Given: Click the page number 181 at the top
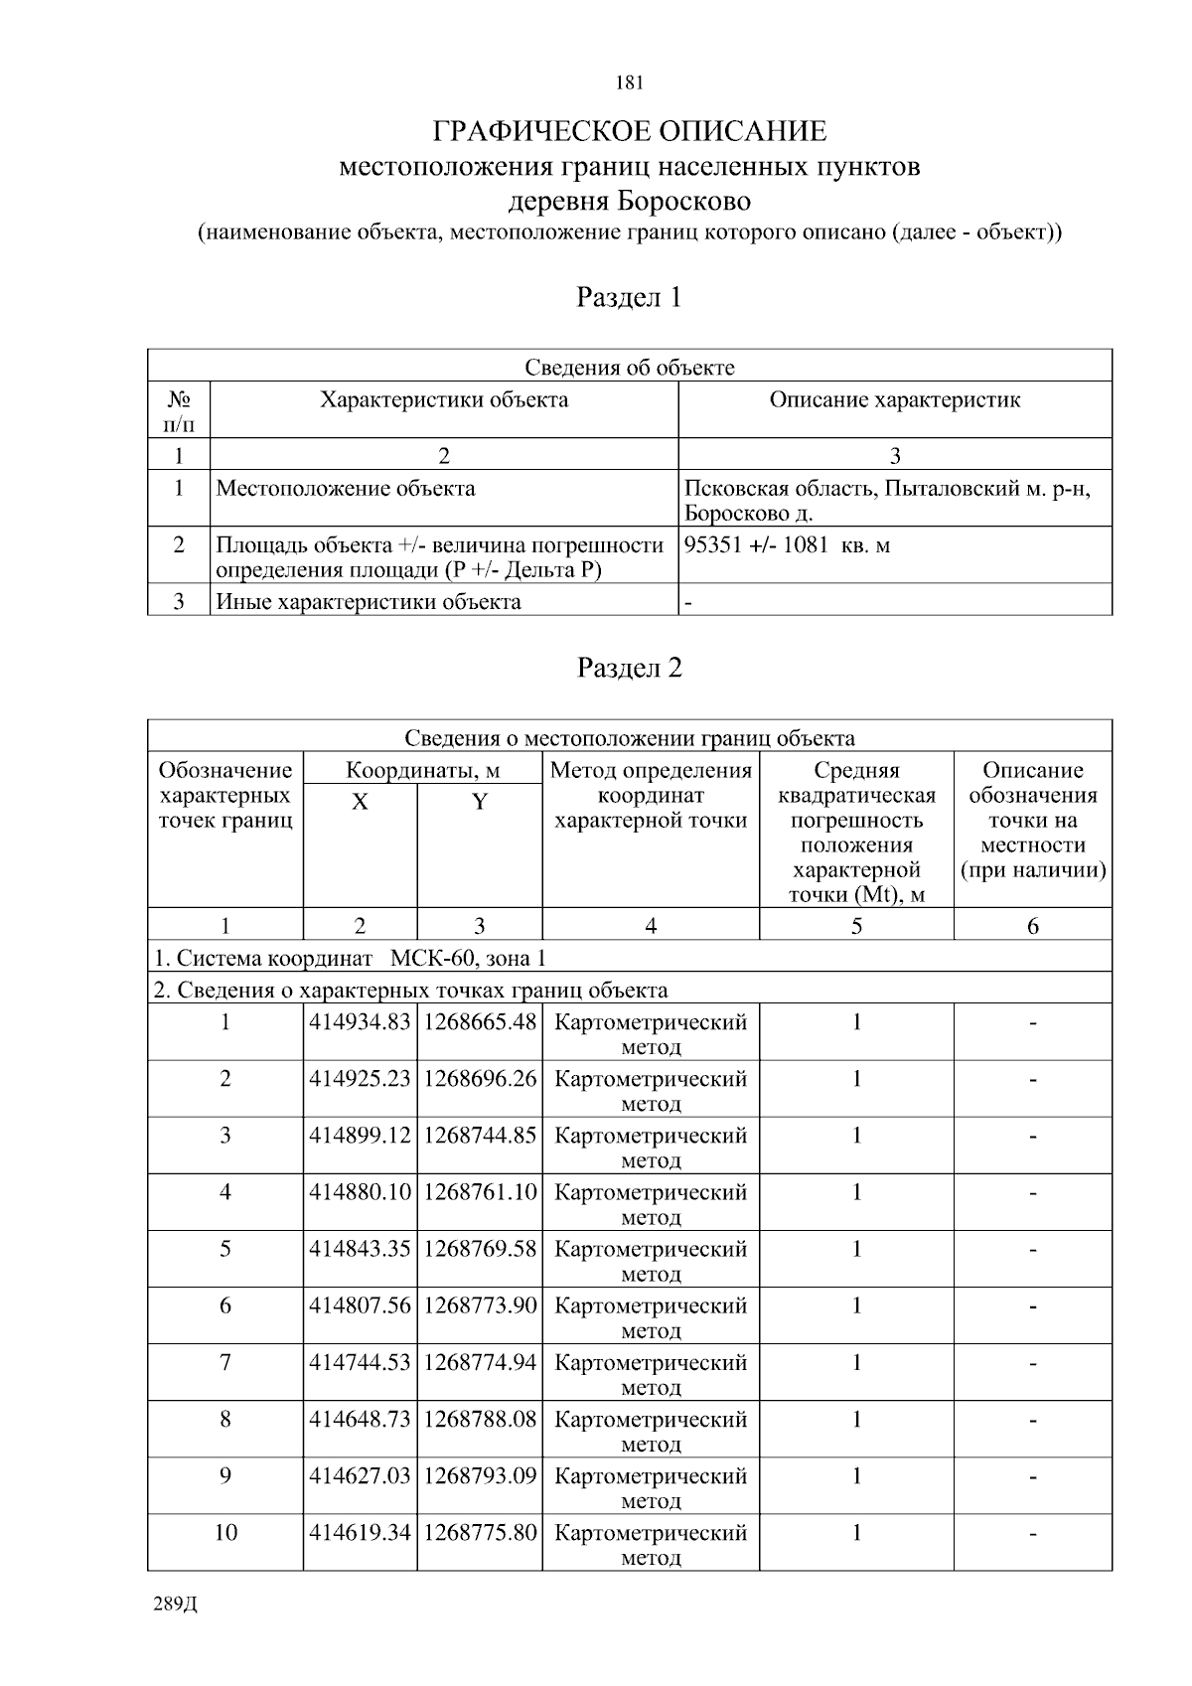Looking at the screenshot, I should [630, 82].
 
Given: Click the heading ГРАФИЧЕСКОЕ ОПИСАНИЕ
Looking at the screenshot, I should [630, 131].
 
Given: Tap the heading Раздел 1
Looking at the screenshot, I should [630, 296].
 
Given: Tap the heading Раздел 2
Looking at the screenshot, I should [630, 668].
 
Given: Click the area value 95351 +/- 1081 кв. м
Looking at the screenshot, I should [787, 544].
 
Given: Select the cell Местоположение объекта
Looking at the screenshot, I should [346, 488].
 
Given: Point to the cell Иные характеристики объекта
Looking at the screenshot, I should [369, 601].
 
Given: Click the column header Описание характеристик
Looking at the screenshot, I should [894, 399].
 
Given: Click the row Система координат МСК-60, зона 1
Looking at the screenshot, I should [351, 958].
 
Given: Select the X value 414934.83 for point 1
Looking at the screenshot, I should [360, 1021].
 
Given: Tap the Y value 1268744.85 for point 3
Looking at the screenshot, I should [480, 1135].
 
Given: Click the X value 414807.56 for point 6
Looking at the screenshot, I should [360, 1304].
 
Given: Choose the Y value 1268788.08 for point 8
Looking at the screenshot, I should [480, 1418].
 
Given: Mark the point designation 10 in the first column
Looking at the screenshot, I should [225, 1532].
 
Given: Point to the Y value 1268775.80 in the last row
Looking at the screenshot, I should [480, 1532].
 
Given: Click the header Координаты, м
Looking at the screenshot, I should [422, 770].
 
